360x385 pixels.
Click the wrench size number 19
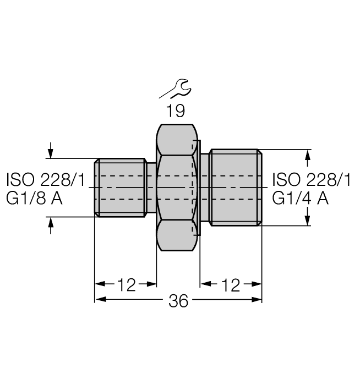click(176, 111)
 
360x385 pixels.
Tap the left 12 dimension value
click(126, 284)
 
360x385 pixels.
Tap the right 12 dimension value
click(231, 284)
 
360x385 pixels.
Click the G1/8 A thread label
click(34, 198)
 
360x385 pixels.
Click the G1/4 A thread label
click(301, 198)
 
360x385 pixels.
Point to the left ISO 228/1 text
click(45, 179)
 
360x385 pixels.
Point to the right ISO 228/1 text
click(312, 179)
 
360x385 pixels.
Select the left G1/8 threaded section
click(120, 187)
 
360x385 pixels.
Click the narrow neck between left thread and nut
click(151, 187)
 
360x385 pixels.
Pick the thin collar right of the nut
click(204, 187)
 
